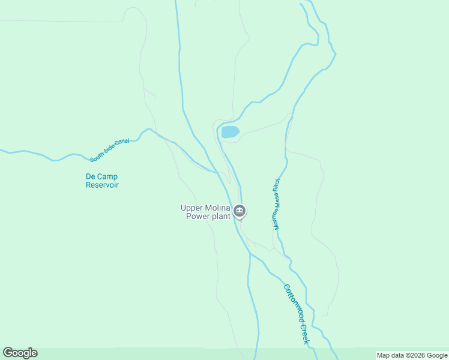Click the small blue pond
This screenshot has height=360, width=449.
click(x=231, y=132)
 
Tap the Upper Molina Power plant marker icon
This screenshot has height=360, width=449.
click(x=240, y=211)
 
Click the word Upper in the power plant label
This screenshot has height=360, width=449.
click(x=191, y=208)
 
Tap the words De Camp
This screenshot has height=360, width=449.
click(x=101, y=176)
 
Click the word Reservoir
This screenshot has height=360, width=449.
click(x=102, y=185)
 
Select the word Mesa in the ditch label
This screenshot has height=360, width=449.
click(x=277, y=200)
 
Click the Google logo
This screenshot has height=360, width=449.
click(x=20, y=353)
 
